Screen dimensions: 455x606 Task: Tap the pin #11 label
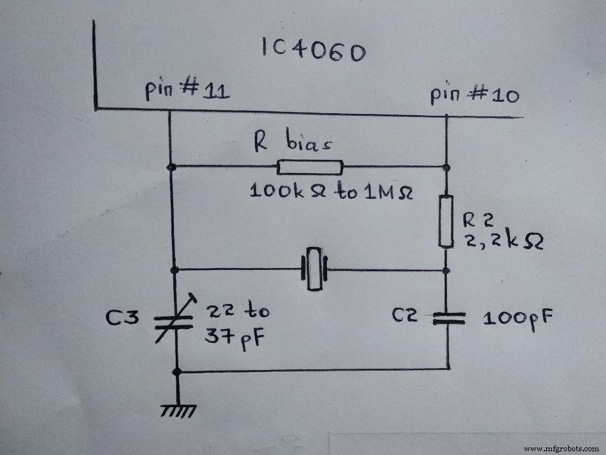click(x=187, y=92)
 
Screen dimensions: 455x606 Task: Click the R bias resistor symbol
click(x=310, y=167)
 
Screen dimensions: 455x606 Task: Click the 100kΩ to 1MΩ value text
click(x=331, y=191)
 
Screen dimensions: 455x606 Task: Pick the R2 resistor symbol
click(x=447, y=221)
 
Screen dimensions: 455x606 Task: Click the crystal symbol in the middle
click(x=314, y=271)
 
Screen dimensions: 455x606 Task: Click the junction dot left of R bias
click(x=171, y=167)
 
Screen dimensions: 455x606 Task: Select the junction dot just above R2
click(x=447, y=167)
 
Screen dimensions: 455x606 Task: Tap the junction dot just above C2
click(x=447, y=271)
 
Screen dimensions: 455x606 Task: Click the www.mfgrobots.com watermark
click(x=561, y=449)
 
